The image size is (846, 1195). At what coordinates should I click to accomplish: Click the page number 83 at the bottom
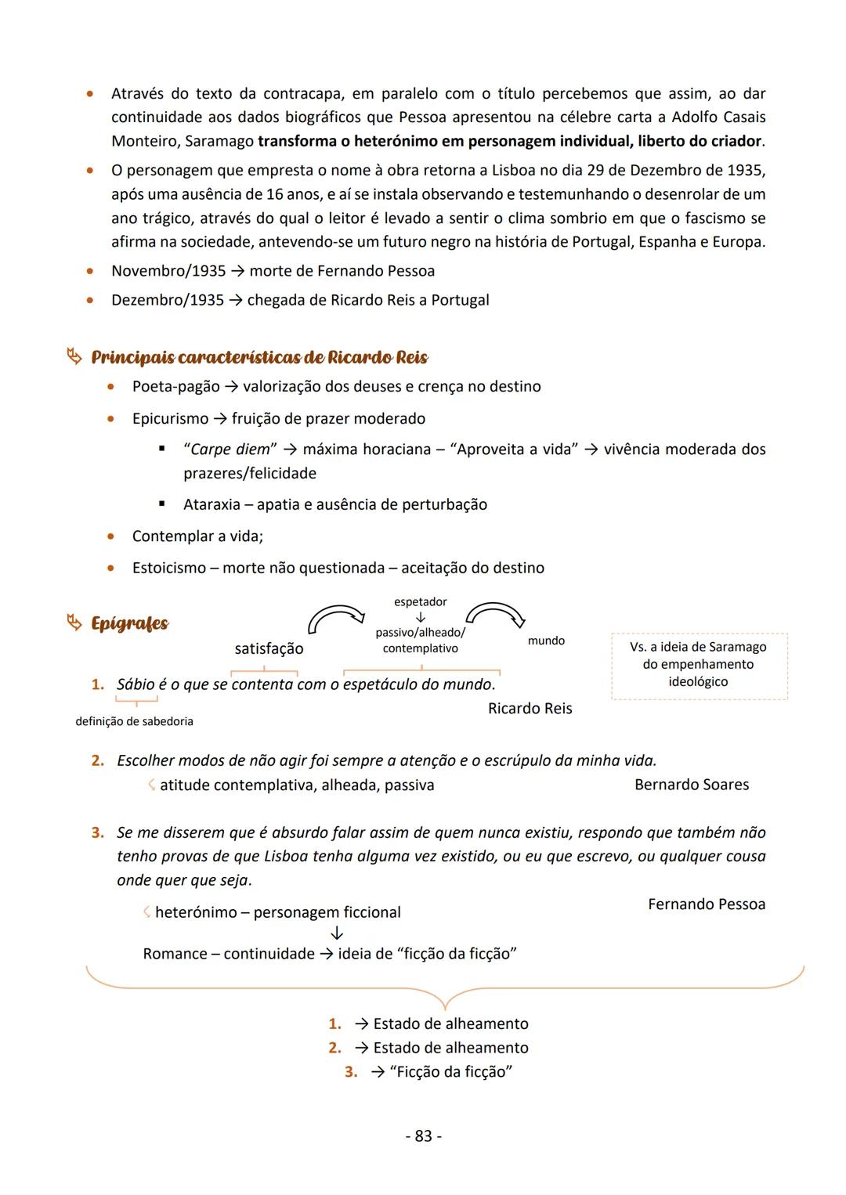[423, 1135]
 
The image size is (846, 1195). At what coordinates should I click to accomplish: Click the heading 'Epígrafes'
[129, 623]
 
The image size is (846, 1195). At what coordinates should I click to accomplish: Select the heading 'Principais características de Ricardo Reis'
[259, 358]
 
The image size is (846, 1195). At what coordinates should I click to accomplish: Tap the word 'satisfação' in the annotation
[269, 648]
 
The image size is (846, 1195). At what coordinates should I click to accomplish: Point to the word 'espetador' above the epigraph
[420, 601]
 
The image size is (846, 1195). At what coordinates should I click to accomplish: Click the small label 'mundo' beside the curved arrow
[546, 641]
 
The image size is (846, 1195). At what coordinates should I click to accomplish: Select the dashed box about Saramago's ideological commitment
[698, 665]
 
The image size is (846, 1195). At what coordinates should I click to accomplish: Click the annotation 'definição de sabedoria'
[134, 721]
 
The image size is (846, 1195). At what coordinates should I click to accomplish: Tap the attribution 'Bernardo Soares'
[691, 785]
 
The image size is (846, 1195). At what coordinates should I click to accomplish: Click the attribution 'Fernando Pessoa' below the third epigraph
[707, 904]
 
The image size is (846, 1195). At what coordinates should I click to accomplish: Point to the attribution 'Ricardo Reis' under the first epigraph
[530, 709]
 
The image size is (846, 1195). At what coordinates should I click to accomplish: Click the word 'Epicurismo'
[170, 418]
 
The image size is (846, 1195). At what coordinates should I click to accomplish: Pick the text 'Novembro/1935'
[168, 271]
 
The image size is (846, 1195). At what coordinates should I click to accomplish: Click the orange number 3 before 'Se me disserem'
[98, 832]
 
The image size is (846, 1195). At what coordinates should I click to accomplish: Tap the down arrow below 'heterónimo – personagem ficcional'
[337, 933]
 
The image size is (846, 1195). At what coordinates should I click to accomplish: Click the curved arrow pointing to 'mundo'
[496, 612]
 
